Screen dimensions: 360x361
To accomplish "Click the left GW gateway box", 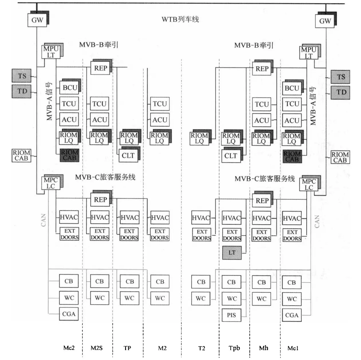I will [37, 20].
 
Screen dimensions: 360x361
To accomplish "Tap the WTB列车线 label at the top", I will [180, 19].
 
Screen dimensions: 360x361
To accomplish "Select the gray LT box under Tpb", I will [232, 253].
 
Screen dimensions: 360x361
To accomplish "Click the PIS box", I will [231, 315].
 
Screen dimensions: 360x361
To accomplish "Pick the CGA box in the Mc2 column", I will [69, 314].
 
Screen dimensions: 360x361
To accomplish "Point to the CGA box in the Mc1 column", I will [292, 315].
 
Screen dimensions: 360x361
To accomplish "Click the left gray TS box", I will [22, 76].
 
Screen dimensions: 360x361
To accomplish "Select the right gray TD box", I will [341, 92].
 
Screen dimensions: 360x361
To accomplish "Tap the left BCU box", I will [70, 88].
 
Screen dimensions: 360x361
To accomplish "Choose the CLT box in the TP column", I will [128, 156].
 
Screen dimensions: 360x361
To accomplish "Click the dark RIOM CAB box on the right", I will [292, 157].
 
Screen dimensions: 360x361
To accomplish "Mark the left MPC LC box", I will [51, 183].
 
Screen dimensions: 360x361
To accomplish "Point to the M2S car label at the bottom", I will [96, 348].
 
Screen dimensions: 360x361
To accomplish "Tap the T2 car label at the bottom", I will [202, 348].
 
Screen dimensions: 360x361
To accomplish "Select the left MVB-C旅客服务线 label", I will [105, 177].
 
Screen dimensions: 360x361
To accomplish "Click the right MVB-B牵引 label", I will [254, 45].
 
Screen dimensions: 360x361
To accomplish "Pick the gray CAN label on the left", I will [43, 220].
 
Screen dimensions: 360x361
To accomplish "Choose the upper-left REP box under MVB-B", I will [100, 68].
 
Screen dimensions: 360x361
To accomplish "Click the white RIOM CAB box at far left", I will [21, 155].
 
